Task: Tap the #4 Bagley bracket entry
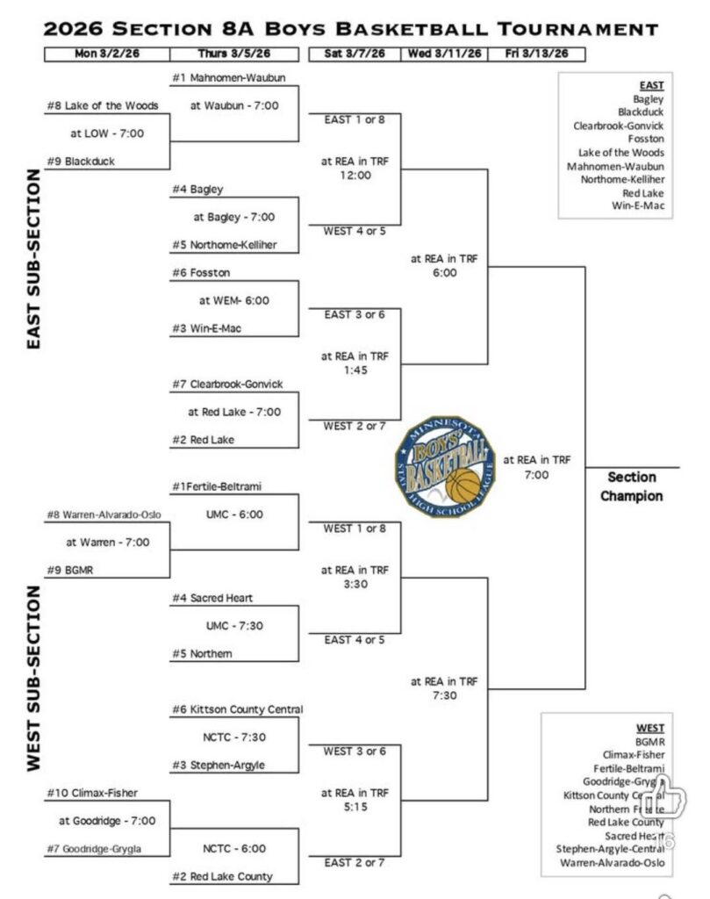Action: click(x=197, y=189)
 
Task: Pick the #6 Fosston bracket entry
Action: click(x=202, y=273)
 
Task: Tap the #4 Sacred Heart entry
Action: click(x=214, y=598)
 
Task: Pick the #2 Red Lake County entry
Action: click(x=223, y=876)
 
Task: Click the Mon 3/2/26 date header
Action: click(x=107, y=54)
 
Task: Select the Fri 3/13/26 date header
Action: click(x=536, y=54)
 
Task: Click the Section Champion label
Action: click(x=631, y=486)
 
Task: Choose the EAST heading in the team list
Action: click(x=651, y=85)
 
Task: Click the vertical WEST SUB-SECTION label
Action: click(x=34, y=678)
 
